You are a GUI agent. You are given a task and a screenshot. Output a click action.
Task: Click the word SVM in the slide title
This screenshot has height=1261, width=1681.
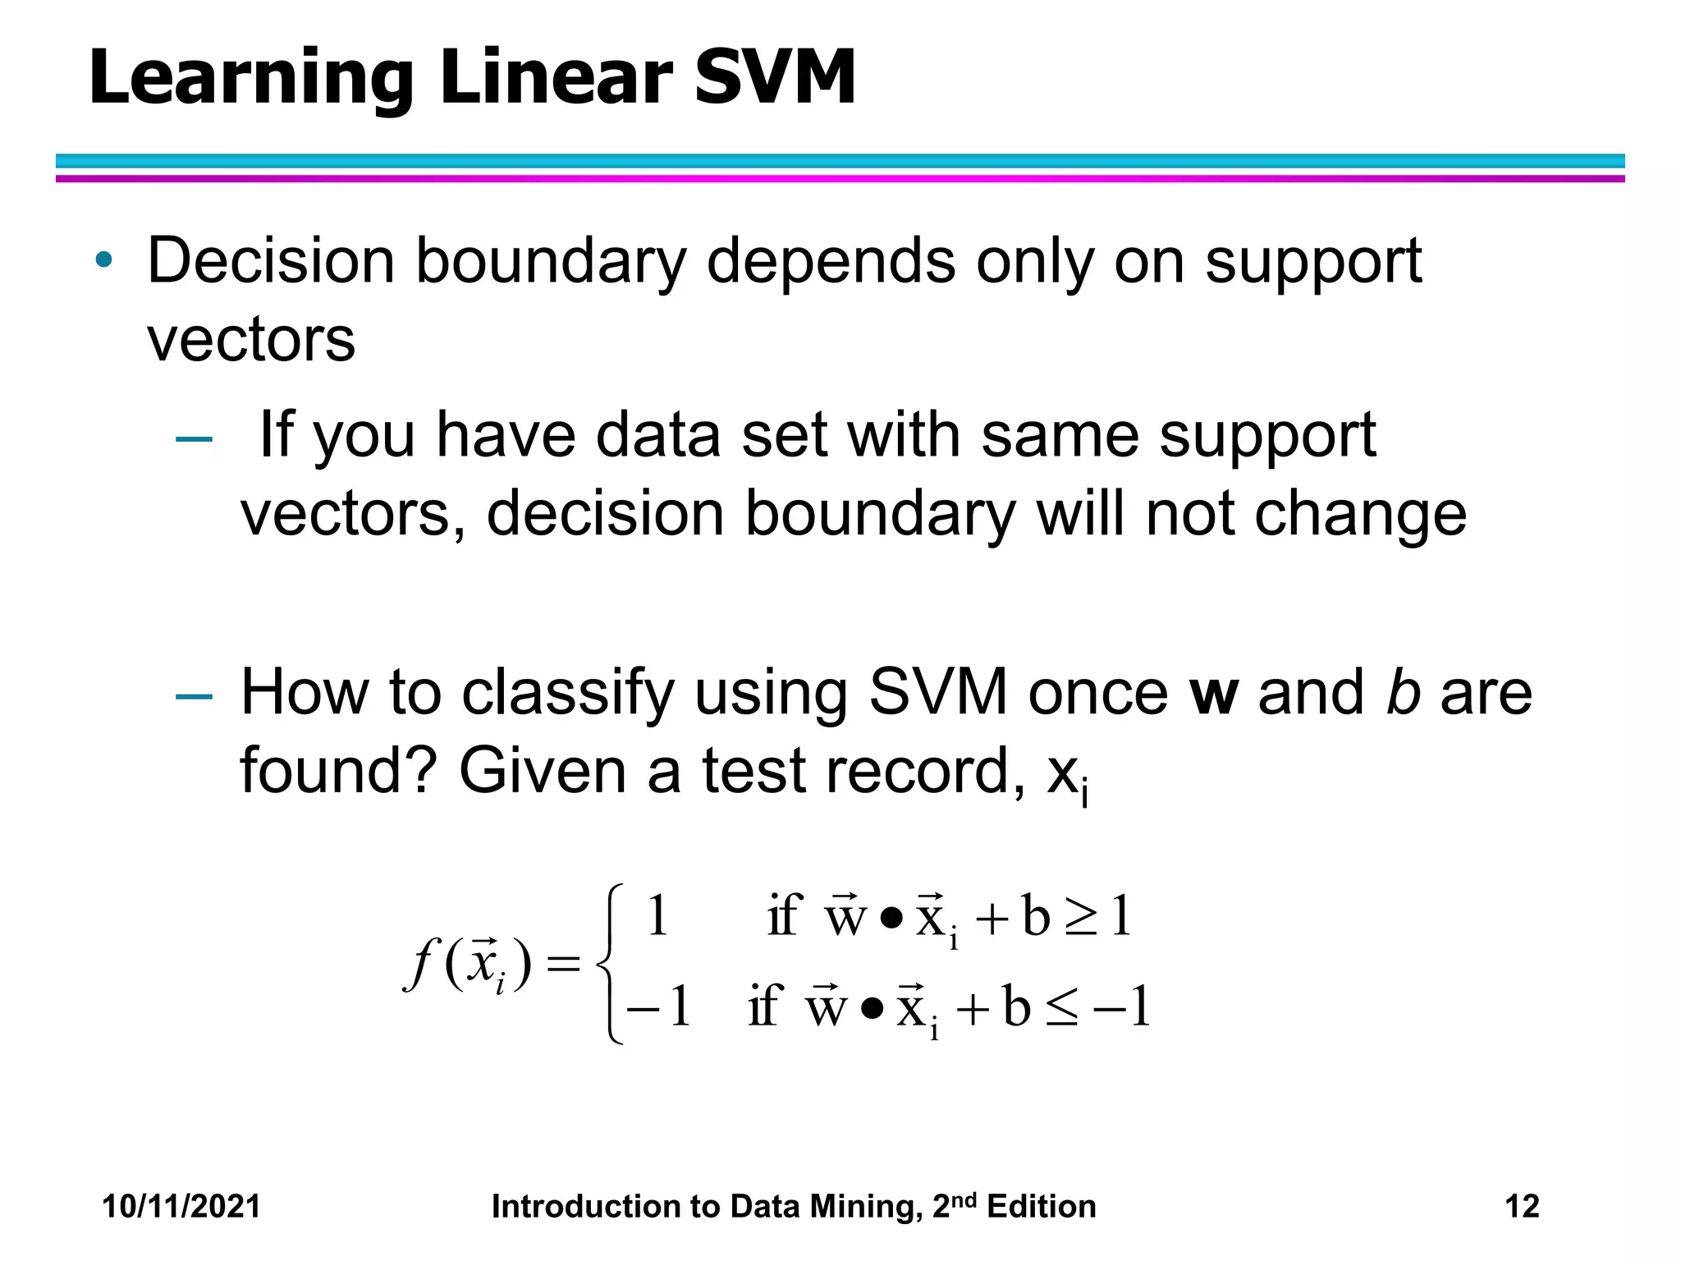coord(775,78)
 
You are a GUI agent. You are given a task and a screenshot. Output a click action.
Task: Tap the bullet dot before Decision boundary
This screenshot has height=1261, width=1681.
coord(103,260)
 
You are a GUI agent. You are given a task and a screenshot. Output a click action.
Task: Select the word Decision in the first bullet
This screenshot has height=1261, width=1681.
coord(271,261)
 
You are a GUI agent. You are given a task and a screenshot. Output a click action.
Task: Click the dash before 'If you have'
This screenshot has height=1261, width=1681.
coord(195,439)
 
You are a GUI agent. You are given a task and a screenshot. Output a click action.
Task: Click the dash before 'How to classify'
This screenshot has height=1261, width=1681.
coord(195,697)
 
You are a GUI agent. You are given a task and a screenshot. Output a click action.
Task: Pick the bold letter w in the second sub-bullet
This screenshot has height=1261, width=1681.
coord(1214,694)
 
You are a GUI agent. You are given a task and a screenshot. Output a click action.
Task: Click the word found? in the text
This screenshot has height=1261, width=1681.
coord(337,771)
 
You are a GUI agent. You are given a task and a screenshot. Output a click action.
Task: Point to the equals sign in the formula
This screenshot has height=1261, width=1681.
coord(563,964)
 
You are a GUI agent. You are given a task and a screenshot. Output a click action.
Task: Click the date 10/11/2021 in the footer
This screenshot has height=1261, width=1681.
coord(181,1206)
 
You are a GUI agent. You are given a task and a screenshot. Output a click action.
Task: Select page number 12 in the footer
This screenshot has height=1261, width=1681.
coord(1522,1206)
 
